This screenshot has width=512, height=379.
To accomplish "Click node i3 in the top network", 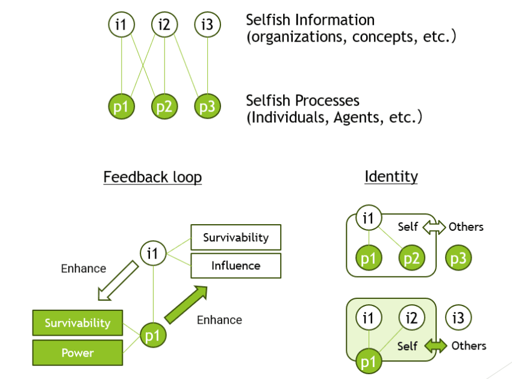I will (207, 25).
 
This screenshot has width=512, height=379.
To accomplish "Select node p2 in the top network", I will (164, 107).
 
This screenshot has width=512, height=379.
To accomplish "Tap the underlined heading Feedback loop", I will (152, 177).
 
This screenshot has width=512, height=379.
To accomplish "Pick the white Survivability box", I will (236, 237).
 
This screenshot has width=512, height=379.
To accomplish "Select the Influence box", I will (236, 266).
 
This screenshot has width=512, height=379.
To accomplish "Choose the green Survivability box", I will (77, 323).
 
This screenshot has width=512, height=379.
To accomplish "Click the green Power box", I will (77, 352).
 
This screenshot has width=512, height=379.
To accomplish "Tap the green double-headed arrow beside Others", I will (436, 346).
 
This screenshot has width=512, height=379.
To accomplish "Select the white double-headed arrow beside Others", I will (434, 227).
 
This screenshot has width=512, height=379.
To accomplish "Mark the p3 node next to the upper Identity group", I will (458, 258).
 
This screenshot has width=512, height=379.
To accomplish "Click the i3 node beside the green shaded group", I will (458, 317).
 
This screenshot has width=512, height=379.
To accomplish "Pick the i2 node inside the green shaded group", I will (412, 317).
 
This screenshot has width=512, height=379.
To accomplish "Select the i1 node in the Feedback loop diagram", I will (152, 253).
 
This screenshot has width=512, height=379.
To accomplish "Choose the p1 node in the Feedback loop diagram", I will (152, 335).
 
